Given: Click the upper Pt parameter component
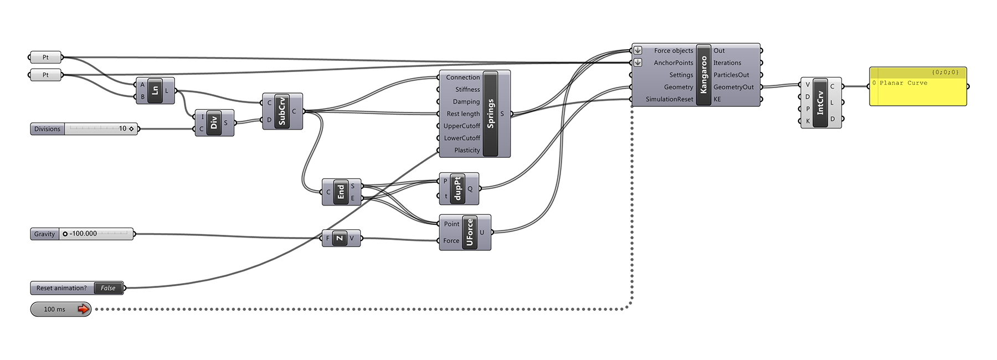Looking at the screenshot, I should pos(45,57).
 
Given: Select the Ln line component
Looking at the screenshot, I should pos(155,90).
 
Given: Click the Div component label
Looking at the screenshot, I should pos(214,122).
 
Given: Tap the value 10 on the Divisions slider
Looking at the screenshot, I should pos(122,128).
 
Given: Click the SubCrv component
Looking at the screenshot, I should pos(282,111).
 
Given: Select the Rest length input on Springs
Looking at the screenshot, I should pos(463,114).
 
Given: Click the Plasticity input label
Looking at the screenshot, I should pos(467,150).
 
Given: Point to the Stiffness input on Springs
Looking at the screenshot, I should pos(467,89).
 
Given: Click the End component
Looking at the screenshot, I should pos(341,192).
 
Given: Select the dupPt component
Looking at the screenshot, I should pos(458,188).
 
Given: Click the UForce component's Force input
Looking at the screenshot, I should pos(451,240).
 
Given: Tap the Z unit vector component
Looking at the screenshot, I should pos(339,238).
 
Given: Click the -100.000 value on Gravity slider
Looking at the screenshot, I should pos(84,234).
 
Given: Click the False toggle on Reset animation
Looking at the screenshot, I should pos(108,288).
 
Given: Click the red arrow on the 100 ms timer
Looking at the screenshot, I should pos(83,309).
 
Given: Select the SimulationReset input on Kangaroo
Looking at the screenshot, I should pos(669,99).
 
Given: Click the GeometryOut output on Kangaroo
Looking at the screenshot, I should pos(733,87).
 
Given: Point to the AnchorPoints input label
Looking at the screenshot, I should pos(673,63).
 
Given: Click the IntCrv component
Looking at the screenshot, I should pos(820,102).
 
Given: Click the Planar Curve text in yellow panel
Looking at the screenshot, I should pos(903,83).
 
